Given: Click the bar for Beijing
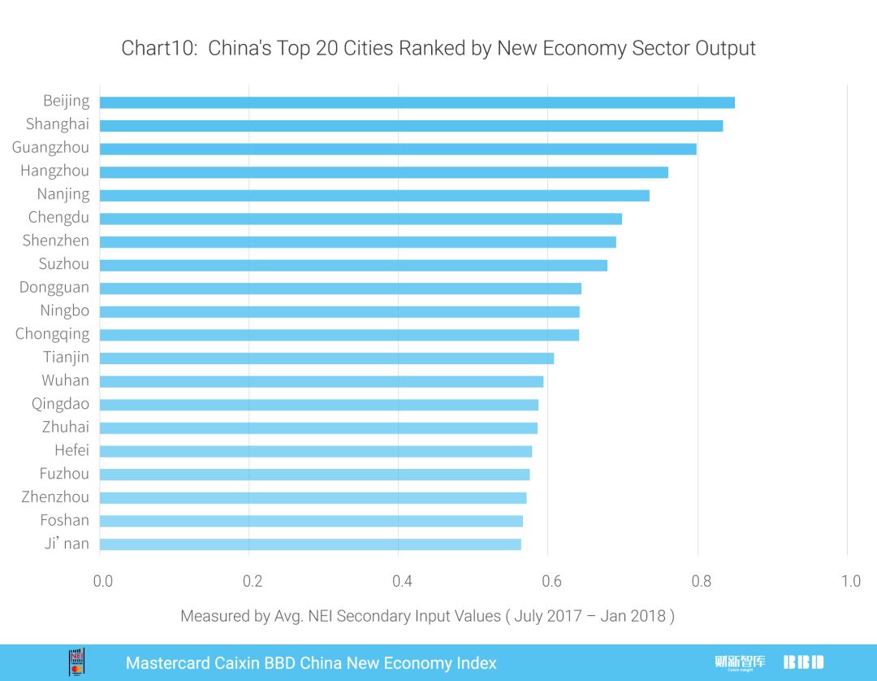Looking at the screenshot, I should pos(417,102).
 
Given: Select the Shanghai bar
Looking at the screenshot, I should pos(411,126).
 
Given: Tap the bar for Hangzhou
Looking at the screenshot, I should pos(383,172).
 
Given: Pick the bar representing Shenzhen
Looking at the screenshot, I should pos(357,242).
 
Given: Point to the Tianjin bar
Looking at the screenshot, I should pos(326,358).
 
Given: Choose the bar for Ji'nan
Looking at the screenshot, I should pos(310,544).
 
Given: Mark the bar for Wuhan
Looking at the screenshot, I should pos(321,382).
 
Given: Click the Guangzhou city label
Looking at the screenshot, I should pos(50,148).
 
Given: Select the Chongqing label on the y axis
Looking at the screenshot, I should pos(52,334).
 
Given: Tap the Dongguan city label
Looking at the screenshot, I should pos(54,288).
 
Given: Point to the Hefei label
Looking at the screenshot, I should pos(71,450).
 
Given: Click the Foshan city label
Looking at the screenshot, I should pos(65,520).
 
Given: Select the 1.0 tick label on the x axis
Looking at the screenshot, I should pos(850,581).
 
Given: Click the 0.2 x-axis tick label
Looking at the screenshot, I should pos(253,581).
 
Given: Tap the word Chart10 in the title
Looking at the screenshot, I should pos(158,49).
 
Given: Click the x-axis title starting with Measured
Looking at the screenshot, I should pos(427,616).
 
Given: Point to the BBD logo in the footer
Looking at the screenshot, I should pos(803,662).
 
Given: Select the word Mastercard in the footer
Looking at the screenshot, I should pos(168,663).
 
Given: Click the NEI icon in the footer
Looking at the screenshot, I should pos(77,662).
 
